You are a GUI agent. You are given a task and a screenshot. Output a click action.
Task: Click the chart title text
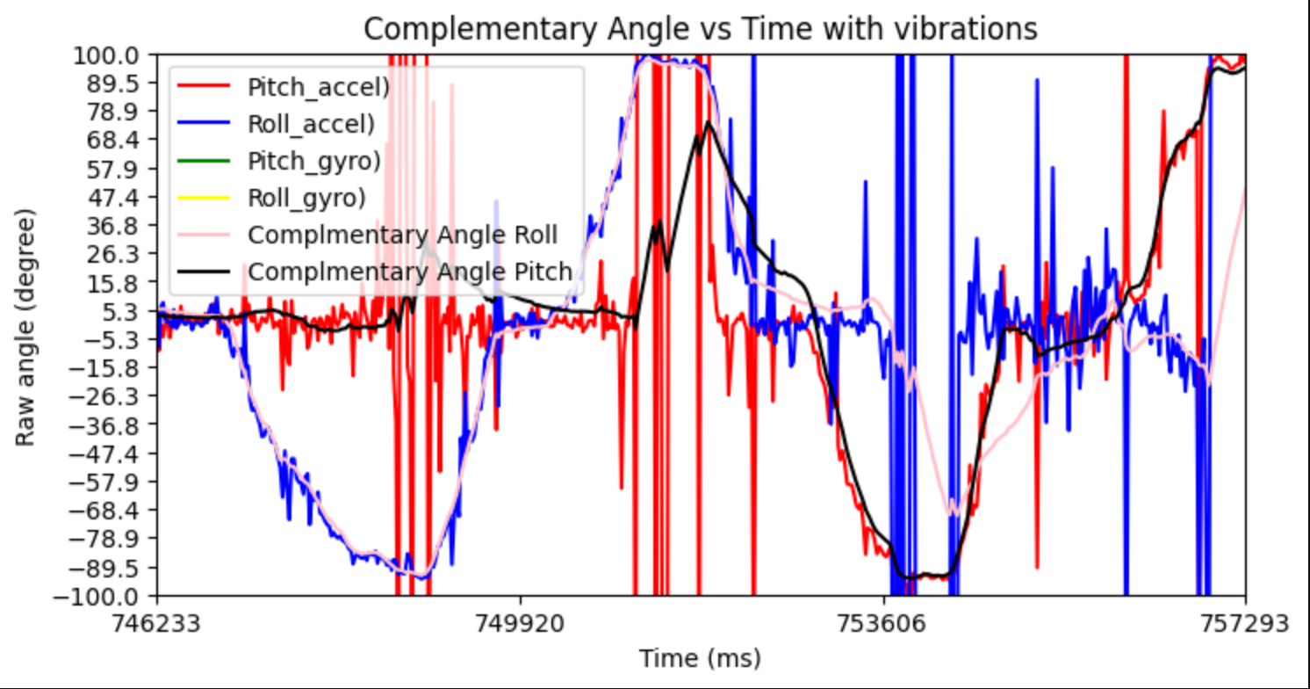(700, 29)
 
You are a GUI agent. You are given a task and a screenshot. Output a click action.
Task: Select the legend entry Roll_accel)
(311, 124)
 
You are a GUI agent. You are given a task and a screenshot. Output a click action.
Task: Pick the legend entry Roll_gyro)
(306, 199)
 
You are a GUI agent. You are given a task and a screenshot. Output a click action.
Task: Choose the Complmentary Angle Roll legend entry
(403, 236)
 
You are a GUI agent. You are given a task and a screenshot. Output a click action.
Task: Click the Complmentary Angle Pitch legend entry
(410, 272)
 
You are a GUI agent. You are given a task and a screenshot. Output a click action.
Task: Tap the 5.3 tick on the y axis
(132, 312)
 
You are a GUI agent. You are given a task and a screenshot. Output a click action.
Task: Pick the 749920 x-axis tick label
(521, 623)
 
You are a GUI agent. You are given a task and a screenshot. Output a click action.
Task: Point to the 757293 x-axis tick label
(1245, 623)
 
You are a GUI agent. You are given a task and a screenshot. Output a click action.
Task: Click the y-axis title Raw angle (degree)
(25, 327)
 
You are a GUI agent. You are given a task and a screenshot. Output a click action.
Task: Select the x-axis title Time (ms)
(700, 657)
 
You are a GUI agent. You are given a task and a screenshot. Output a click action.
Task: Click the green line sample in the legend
(205, 162)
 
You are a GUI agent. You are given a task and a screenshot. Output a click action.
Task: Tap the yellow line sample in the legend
(205, 199)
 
